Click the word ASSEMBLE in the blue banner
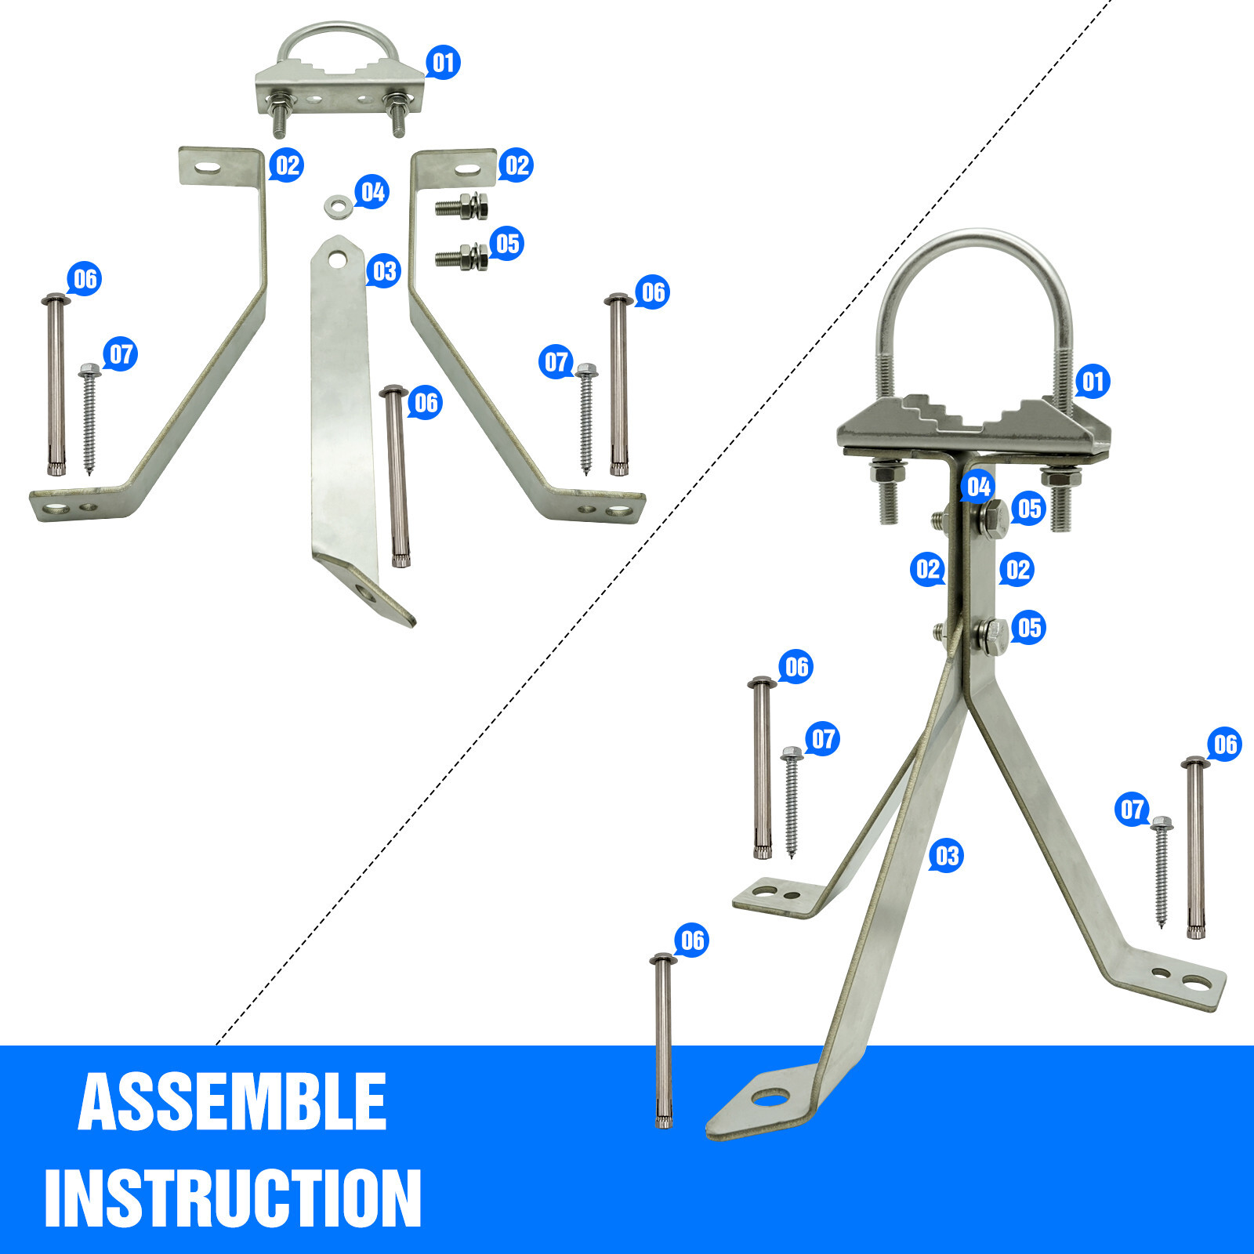point(232,1101)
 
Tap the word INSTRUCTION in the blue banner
point(233,1197)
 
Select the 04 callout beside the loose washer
point(372,191)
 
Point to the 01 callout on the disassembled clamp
point(443,62)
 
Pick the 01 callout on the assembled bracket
point(1093,382)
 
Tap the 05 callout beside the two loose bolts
point(507,244)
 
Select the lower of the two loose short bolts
point(462,256)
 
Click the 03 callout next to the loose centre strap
point(384,271)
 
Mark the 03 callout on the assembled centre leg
point(947,855)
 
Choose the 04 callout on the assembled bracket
point(978,487)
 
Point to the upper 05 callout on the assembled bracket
point(1029,509)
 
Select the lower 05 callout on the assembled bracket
point(1029,628)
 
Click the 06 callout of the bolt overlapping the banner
point(692,940)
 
